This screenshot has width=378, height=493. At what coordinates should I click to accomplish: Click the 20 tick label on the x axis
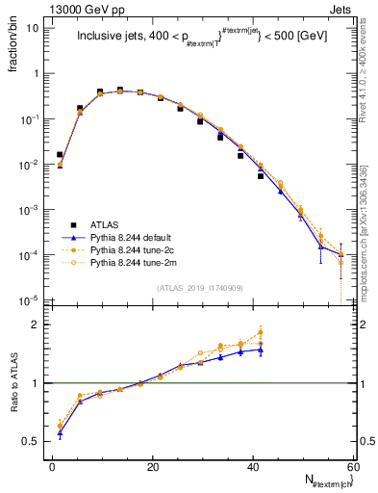(153, 466)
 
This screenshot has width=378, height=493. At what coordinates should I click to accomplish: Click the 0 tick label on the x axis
(53, 466)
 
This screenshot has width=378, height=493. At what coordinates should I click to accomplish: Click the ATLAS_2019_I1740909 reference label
(199, 288)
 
